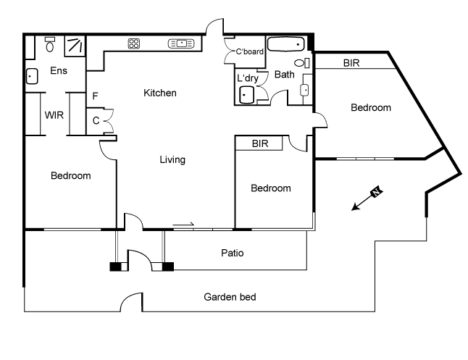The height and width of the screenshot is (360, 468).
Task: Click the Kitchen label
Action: pyautogui.click(x=160, y=93)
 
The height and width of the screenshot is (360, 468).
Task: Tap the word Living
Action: pyautogui.click(x=172, y=159)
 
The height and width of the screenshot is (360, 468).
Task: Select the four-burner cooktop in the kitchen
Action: pyautogui.click(x=134, y=43)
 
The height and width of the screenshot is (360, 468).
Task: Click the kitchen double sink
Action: pyautogui.click(x=182, y=43)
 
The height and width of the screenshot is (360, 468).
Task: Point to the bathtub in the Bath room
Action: pyautogui.click(x=288, y=44)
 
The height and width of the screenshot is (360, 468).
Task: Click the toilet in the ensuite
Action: pyautogui.click(x=50, y=45)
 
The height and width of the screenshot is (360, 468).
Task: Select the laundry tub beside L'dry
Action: pyautogui.click(x=248, y=94)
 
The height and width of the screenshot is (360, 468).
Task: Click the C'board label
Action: pyautogui.click(x=250, y=51)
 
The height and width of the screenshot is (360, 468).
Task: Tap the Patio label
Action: pyautogui.click(x=233, y=254)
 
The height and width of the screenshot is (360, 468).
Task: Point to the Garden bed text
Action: pyautogui.click(x=230, y=297)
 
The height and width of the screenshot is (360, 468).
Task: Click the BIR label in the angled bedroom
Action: pyautogui.click(x=352, y=63)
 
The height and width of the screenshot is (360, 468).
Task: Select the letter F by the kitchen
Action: pyautogui.click(x=95, y=95)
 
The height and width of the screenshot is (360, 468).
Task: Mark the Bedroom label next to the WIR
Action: pyautogui.click(x=70, y=176)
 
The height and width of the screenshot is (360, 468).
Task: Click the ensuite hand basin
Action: pyautogui.click(x=33, y=75)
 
